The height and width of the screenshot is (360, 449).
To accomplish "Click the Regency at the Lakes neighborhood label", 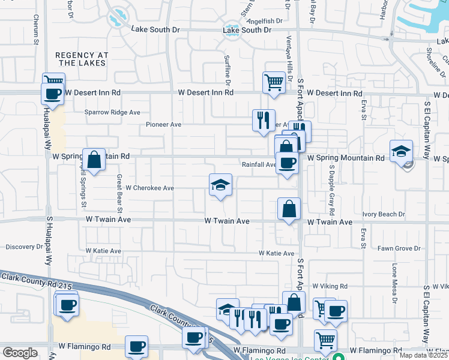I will pos(82,59).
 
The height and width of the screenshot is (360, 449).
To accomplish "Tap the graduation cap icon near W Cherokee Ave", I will pos(220,185).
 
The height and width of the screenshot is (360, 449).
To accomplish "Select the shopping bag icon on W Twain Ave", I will pos(289,209).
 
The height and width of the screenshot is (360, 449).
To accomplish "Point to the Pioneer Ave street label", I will pos(163,125).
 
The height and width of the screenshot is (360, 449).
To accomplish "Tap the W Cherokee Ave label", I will pos(149,188).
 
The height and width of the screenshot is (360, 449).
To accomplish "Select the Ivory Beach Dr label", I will pos(384,214).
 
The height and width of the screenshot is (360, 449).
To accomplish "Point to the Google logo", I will pos(20,353).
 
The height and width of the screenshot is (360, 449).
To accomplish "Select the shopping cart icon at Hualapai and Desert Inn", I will pos(53,82).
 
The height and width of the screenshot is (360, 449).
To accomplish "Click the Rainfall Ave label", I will pos(259,164).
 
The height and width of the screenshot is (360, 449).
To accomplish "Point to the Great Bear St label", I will pos(119,194).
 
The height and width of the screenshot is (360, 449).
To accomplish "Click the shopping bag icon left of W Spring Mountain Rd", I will pos(94,160).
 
